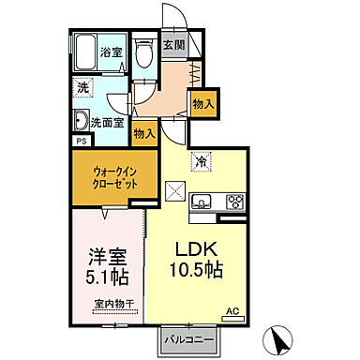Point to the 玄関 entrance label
173,44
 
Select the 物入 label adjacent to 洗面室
144,134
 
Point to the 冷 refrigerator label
200,162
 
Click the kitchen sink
203,202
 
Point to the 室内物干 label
113,304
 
